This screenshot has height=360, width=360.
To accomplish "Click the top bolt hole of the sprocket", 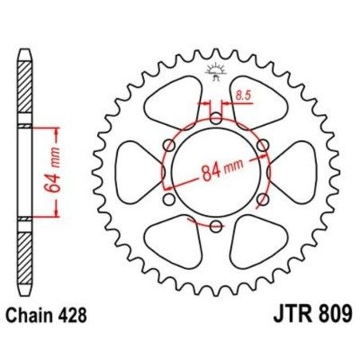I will (x=215, y=119).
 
